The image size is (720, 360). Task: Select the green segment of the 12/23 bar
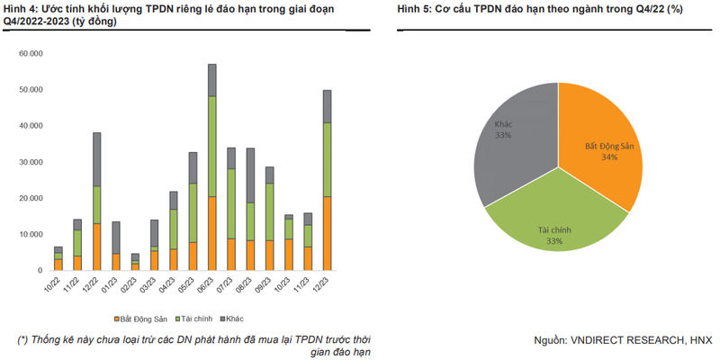pos(327,159)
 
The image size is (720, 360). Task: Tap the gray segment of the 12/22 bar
pos(96,159)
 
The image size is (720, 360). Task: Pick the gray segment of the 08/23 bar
pos(250,175)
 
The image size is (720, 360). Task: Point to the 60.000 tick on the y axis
pos(31,54)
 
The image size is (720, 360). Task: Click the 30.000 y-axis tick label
pos(31,162)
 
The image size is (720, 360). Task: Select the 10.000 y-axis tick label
pos(31,234)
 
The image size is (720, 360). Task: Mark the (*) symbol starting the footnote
pos(22,339)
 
